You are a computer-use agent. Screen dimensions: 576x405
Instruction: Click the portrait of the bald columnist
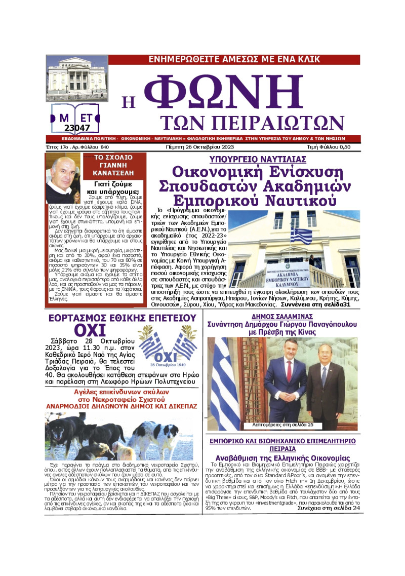point(63,178)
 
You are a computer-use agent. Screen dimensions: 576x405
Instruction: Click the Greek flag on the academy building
point(302,236)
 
